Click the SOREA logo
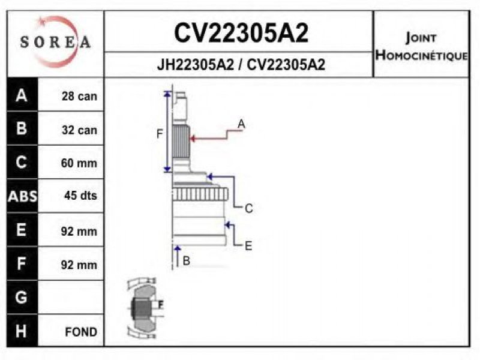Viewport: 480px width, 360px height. coord(55,41)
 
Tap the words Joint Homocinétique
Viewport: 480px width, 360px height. coord(421,47)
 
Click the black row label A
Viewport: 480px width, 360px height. coord(22,95)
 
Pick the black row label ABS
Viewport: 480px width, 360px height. coord(22,196)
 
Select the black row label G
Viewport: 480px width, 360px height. coord(22,297)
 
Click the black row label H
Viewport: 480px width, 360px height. coord(22,331)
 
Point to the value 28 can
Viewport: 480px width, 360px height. coord(79,96)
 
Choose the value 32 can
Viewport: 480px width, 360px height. coord(79,130)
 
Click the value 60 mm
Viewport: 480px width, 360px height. coord(79,163)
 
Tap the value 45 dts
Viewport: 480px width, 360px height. coord(80,196)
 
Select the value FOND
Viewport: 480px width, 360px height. coord(81,332)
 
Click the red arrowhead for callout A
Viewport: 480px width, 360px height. coord(193,139)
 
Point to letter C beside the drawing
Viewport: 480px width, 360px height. coord(248,209)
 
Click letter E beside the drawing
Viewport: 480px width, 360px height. coord(248,245)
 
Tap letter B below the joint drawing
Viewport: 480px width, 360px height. coord(186,260)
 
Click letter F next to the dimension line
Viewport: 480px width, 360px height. coord(160,134)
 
